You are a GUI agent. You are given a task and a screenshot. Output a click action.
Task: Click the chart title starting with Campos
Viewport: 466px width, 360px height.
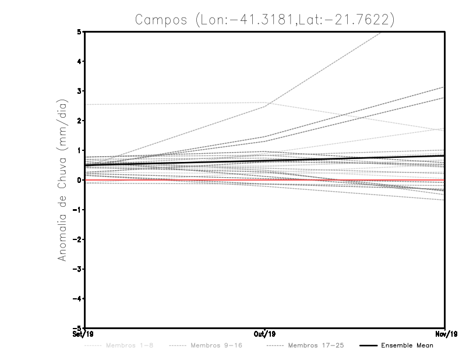(x=264, y=19)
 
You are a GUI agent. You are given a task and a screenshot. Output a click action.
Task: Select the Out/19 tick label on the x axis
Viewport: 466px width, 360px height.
(x=265, y=334)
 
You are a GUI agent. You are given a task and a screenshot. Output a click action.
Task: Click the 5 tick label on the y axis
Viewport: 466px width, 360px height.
(x=79, y=31)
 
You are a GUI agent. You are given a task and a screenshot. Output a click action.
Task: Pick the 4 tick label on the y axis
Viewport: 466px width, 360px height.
(x=79, y=61)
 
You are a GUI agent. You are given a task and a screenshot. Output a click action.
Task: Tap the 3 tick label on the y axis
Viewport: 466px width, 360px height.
(x=79, y=91)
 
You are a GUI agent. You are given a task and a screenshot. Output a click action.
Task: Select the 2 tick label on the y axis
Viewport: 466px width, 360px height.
(x=79, y=121)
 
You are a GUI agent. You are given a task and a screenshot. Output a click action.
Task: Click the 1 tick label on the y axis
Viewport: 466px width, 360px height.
(x=79, y=150)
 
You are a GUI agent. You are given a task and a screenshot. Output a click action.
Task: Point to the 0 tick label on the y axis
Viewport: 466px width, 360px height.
(x=79, y=180)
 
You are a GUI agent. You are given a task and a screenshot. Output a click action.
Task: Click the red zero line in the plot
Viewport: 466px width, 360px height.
(x=175, y=181)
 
